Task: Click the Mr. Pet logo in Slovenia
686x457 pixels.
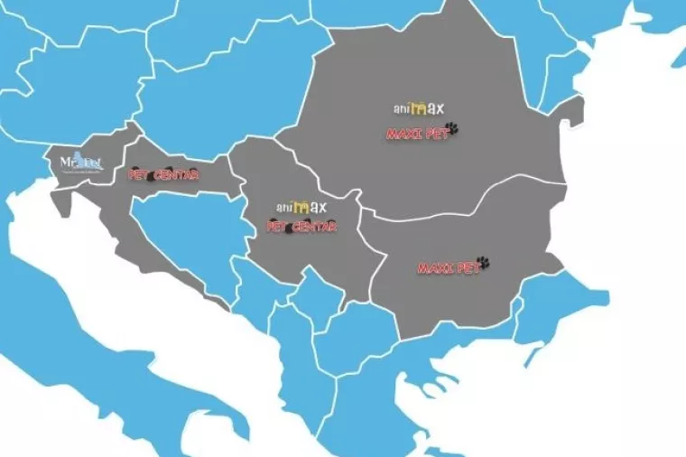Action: point(81,163)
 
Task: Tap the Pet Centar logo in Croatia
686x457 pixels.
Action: point(163,174)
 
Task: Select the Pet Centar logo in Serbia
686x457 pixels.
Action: point(301,227)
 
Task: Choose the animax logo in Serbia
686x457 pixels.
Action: point(301,208)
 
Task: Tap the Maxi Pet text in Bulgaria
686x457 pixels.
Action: point(446,268)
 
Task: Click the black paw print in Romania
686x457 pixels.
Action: point(452,129)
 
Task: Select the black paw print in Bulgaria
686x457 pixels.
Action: point(483,263)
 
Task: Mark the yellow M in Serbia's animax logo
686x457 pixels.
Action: point(302,208)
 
